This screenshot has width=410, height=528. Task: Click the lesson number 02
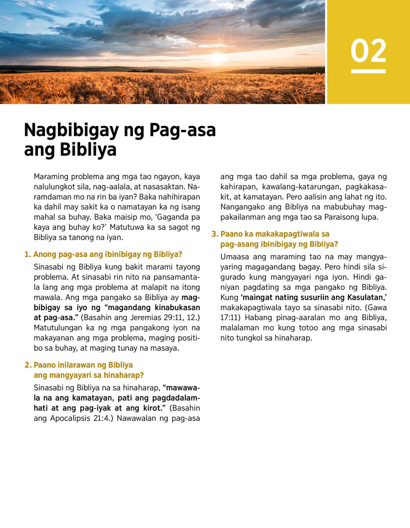coord(368,51)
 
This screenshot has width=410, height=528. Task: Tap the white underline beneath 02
coord(368,71)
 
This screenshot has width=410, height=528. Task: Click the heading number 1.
coord(27,254)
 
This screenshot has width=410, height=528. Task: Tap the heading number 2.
coord(27,365)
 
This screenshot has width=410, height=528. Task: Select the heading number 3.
coord(214,234)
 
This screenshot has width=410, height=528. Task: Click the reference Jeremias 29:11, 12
coord(164,318)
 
